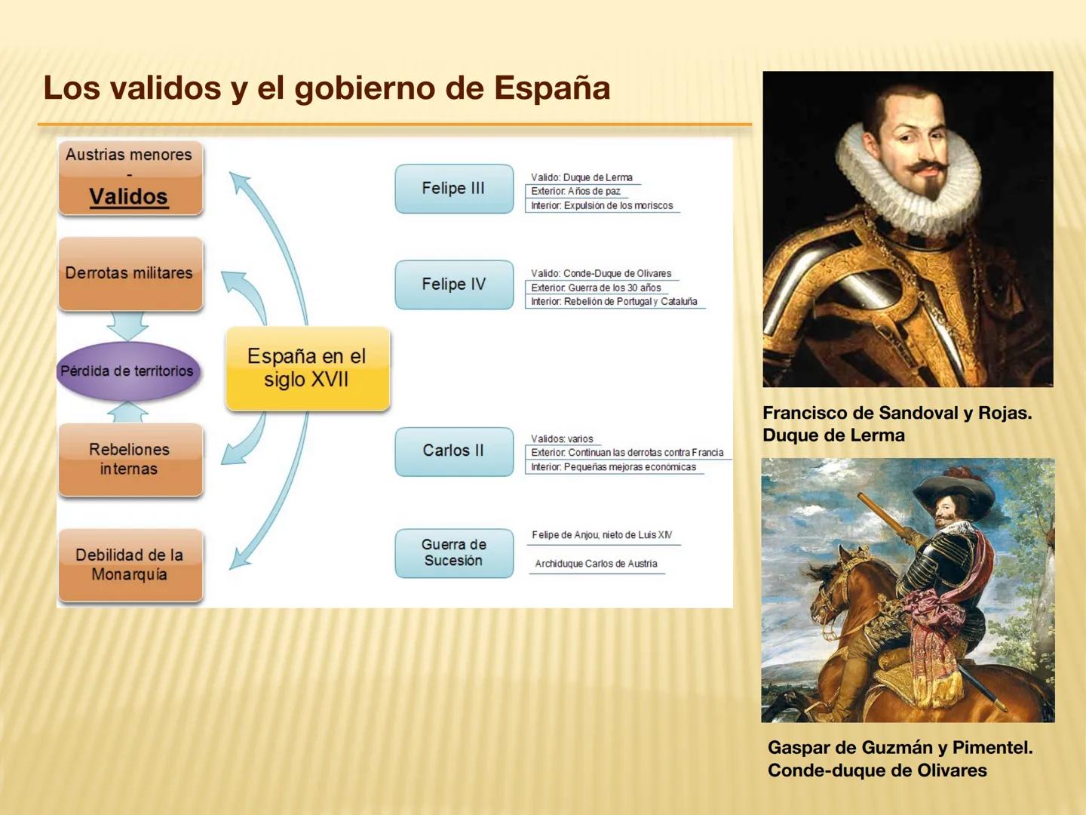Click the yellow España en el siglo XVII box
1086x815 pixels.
click(x=307, y=368)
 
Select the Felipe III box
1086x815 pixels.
click(x=453, y=189)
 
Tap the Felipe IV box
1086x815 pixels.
click(x=453, y=284)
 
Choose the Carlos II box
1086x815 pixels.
click(x=453, y=451)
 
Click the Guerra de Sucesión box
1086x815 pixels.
click(x=453, y=552)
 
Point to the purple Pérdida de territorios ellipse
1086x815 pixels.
click(x=127, y=371)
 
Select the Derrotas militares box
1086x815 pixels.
click(x=129, y=273)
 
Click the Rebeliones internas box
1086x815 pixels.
click(x=129, y=459)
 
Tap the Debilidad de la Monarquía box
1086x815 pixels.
click(x=129, y=564)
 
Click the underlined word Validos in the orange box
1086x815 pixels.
click(x=128, y=197)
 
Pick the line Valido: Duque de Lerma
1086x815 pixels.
click(x=581, y=177)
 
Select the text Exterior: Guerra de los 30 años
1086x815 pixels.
click(x=596, y=288)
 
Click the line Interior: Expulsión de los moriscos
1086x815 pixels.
click(x=602, y=205)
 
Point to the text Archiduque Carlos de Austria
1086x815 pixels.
click(x=596, y=564)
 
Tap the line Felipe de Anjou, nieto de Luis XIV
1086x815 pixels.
click(x=602, y=535)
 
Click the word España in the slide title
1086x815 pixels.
click(x=551, y=88)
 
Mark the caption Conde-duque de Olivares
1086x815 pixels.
click(x=877, y=770)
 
